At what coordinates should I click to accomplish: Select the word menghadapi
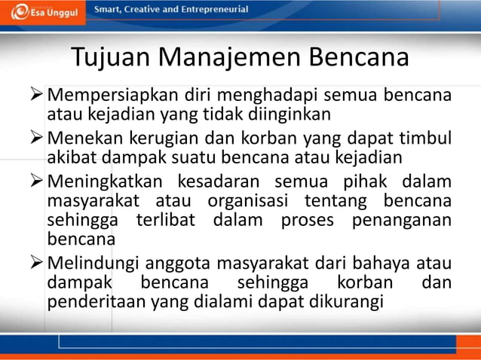click(x=274, y=97)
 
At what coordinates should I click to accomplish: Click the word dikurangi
click(x=348, y=303)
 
